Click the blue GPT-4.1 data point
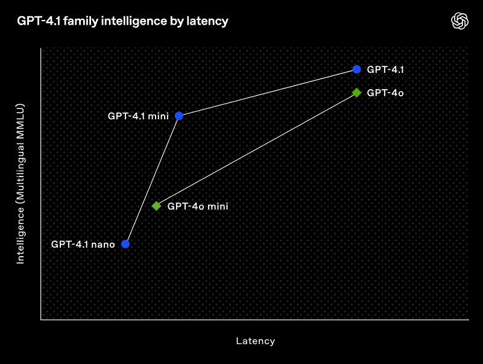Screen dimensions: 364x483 (x=356, y=69)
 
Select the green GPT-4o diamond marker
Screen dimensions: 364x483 (x=356, y=93)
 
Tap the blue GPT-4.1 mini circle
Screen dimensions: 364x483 (x=179, y=116)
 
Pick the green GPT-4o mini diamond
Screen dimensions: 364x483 (x=156, y=206)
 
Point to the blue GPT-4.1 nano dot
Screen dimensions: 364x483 (x=125, y=244)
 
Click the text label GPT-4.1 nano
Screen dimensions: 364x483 (x=83, y=245)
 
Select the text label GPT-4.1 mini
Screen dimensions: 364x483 (x=138, y=116)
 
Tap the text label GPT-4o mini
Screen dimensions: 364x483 (x=198, y=206)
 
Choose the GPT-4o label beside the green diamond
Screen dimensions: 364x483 (x=385, y=93)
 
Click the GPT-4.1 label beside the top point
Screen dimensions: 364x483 (x=385, y=69)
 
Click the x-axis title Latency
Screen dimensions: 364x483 (x=255, y=341)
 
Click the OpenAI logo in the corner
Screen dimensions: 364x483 (x=460, y=21)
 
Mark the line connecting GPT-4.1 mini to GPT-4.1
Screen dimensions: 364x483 (x=268, y=92)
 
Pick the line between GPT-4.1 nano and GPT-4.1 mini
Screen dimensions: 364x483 (x=152, y=180)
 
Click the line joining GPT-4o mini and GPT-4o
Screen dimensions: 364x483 (x=256, y=149)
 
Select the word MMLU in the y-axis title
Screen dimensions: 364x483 (x=20, y=117)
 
